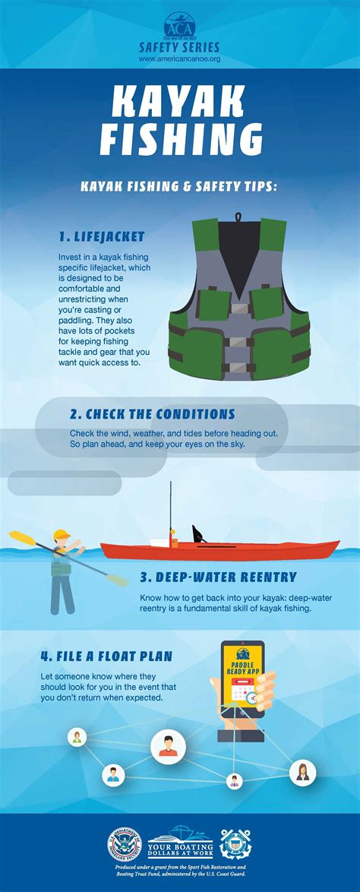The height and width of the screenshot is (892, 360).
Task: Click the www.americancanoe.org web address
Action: pos(180,58)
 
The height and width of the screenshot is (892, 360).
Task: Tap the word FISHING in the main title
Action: pos(179,140)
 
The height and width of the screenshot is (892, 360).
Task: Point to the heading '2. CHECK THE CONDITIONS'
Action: pos(152,414)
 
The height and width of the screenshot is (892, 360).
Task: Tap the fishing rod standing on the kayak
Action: pos(171,509)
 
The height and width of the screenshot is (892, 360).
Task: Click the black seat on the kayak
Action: pos(199,533)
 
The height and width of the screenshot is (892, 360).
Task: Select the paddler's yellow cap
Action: pos(62,533)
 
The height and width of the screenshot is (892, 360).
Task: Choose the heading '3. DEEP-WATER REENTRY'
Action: pos(217,577)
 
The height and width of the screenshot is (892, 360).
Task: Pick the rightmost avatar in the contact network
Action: pos(302,772)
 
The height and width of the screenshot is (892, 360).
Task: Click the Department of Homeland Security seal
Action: pos(125,844)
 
